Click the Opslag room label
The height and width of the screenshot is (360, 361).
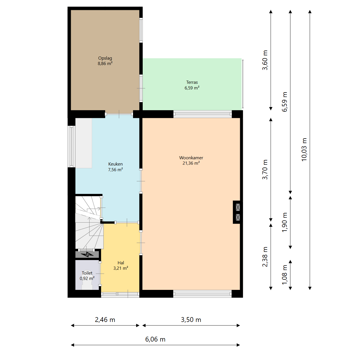[105, 58]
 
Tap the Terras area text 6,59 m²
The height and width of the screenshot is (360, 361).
[192, 88]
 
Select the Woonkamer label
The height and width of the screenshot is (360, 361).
[191, 158]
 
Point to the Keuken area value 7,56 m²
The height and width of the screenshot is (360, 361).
[115, 169]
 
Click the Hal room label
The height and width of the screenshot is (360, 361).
[121, 263]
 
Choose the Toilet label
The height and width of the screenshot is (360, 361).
[87, 273]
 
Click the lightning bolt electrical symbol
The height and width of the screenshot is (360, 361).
[87, 254]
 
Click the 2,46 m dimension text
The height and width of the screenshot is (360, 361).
[105, 320]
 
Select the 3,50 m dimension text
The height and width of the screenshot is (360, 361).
[191, 320]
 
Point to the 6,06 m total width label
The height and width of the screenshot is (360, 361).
[155, 339]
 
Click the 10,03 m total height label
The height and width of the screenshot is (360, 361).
[304, 149]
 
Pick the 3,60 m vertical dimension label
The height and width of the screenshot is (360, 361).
[265, 60]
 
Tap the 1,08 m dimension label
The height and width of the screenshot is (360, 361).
[285, 275]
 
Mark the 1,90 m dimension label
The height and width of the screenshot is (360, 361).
[285, 222]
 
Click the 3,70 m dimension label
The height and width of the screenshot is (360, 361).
[265, 169]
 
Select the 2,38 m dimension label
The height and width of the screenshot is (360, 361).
[265, 257]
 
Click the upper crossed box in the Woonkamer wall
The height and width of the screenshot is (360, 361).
[238, 207]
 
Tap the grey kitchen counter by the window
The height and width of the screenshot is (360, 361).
[84, 143]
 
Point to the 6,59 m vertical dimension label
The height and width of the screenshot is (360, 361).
[285, 102]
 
